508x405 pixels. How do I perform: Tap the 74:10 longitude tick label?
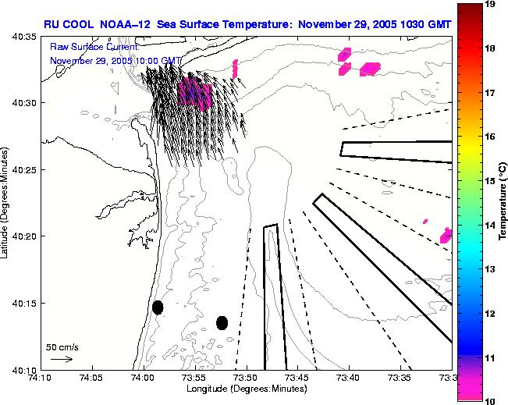pos(41,378)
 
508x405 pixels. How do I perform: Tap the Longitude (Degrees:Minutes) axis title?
pos(246,388)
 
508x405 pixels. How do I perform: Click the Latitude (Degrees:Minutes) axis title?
pos(6,202)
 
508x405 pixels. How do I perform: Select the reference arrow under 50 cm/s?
pos(62,359)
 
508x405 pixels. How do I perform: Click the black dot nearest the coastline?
pos(158,307)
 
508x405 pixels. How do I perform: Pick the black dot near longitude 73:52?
pos(222,322)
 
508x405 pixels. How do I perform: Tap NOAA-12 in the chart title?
pos(130,25)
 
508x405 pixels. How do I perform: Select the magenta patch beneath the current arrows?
pos(194,94)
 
